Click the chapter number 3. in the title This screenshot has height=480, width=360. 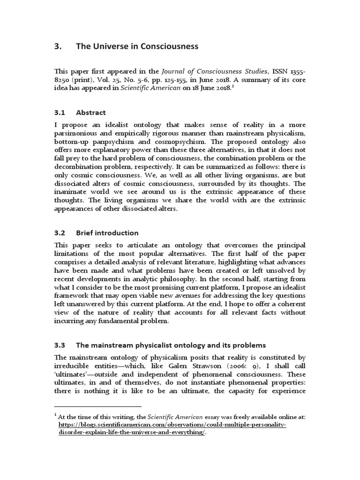pos(58,46)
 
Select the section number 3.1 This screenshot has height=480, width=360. pos(60,112)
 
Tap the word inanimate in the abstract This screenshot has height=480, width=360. pos(73,192)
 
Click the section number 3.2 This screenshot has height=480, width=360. pos(60,233)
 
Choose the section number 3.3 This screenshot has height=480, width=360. pos(60,345)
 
